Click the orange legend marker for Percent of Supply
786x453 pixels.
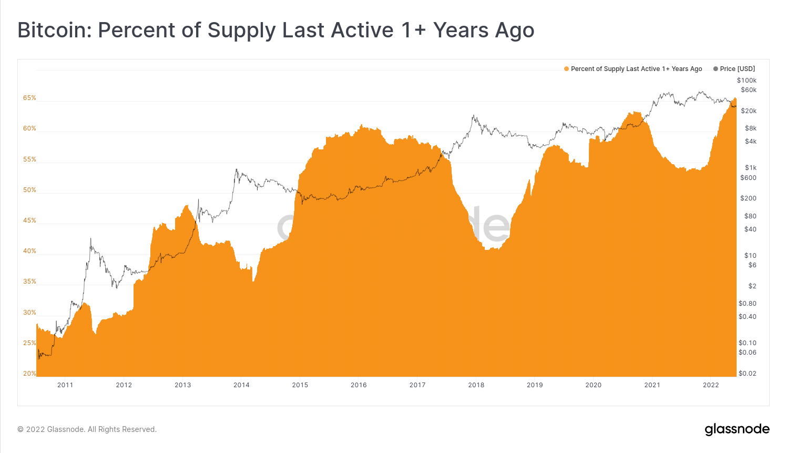pyautogui.click(x=566, y=69)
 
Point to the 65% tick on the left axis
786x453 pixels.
pyautogui.click(x=29, y=98)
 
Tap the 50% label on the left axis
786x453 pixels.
pyautogui.click(x=29, y=190)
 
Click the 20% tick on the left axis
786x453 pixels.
pyautogui.click(x=29, y=374)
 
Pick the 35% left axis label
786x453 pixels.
pyautogui.click(x=29, y=281)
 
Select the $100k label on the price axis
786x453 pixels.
pyautogui.click(x=747, y=80)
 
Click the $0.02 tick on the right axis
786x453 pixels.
pyautogui.click(x=747, y=374)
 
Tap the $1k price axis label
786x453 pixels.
pyautogui.click(x=750, y=168)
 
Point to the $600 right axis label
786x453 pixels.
pyautogui.click(x=748, y=178)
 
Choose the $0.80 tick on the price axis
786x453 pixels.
pyautogui.click(x=747, y=304)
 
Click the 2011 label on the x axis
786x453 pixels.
pyautogui.click(x=65, y=385)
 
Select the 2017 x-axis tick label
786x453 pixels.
pyautogui.click(x=417, y=385)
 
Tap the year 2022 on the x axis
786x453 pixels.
pyautogui.click(x=711, y=385)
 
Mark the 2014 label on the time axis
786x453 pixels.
pyautogui.click(x=241, y=385)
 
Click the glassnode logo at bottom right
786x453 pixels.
pyautogui.click(x=737, y=429)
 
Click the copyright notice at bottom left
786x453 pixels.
pyautogui.click(x=87, y=429)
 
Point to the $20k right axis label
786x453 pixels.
pyautogui.click(x=749, y=111)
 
